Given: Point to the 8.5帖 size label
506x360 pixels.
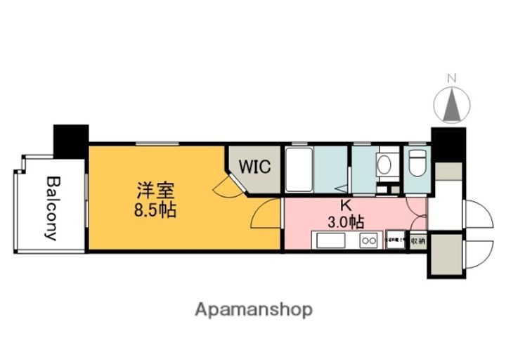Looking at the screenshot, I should pos(157,209).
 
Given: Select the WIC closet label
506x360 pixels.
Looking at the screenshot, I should pos(252,167).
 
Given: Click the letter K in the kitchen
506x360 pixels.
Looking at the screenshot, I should pos(345,206).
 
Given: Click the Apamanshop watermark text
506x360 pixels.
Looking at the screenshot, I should pos(254,309).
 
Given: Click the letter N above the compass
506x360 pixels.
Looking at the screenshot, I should pos(453,78).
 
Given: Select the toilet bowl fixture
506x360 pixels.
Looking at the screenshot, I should pos(417,163).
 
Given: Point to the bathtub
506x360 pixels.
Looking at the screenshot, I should pos(299,169).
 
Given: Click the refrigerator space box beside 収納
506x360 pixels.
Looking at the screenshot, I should pos(394,240).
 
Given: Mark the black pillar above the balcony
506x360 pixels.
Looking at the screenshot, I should pos(71,140).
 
